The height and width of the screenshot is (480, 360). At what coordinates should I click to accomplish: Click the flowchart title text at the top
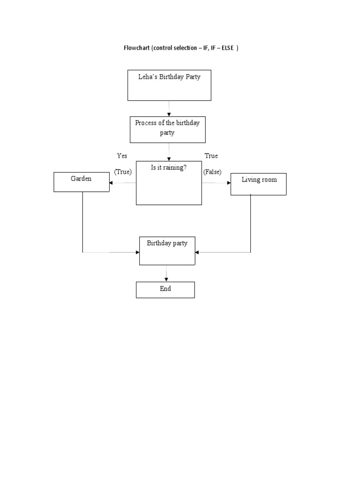180,48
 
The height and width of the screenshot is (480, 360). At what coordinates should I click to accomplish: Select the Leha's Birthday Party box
169,85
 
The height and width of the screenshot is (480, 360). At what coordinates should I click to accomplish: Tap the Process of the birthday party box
167,129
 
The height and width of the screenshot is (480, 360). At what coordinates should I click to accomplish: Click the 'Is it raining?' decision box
169,183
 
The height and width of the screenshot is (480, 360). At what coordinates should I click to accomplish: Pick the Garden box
81,182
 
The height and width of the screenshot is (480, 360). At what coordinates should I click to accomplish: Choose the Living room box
258,184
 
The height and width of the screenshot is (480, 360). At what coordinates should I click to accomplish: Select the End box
165,290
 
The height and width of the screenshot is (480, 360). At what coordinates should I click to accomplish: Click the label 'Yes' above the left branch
122,156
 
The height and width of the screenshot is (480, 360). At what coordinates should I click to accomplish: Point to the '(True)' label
123,172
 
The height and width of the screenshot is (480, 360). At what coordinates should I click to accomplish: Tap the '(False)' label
212,172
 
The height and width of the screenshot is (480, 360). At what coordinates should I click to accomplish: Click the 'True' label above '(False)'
211,156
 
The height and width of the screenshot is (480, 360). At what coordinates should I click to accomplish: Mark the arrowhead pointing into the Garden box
111,183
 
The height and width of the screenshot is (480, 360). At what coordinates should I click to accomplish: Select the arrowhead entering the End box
166,279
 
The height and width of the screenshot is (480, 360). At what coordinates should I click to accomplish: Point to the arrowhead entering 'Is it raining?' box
169,159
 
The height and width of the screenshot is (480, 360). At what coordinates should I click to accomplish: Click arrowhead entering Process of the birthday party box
169,114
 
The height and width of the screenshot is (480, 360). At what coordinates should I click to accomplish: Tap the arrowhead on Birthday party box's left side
137,252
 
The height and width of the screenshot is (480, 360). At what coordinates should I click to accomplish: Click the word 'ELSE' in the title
228,48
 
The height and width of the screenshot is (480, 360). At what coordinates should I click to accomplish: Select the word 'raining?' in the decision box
175,167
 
